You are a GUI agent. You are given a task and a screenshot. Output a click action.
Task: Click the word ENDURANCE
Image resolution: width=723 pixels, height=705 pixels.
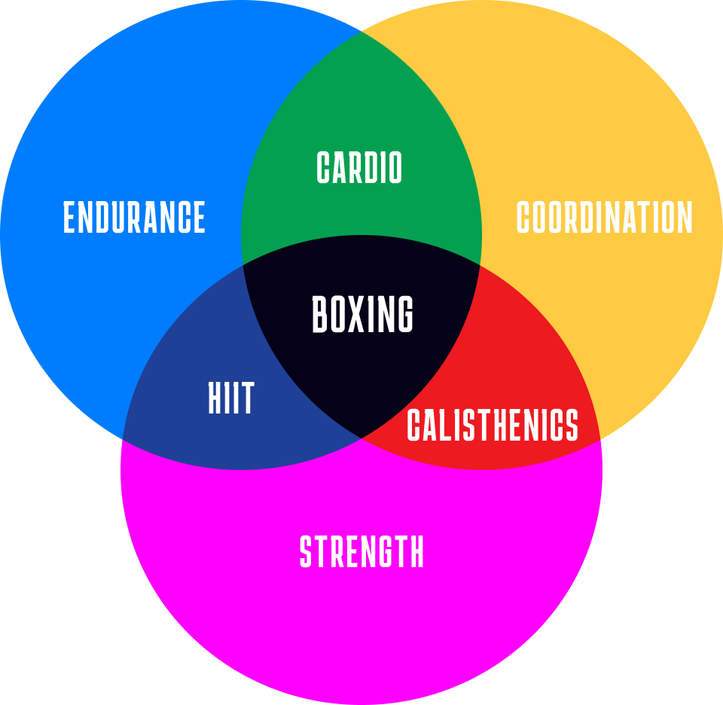134,218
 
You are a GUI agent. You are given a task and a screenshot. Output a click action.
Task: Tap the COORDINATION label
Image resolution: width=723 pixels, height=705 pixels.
604,218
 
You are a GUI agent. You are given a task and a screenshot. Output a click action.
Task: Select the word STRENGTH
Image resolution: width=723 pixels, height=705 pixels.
361,552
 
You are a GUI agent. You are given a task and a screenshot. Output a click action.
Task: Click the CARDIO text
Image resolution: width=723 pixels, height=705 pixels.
359,168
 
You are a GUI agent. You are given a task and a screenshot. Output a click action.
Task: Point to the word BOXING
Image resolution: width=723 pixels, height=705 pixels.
362,315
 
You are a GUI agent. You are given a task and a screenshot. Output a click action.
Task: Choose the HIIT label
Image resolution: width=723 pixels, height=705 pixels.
231,398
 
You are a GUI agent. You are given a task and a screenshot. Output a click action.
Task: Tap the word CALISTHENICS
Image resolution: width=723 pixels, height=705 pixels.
493,426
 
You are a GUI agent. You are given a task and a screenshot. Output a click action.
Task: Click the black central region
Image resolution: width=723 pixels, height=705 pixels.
361,362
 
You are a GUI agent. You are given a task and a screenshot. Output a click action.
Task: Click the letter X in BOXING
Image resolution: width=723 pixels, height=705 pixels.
362,315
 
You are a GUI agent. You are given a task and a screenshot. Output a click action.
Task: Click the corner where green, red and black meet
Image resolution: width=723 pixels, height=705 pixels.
480,264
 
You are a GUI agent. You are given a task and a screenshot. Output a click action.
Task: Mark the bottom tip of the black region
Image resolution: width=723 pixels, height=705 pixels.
361,438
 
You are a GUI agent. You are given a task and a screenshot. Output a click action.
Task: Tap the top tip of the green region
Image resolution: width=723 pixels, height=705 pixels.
361,32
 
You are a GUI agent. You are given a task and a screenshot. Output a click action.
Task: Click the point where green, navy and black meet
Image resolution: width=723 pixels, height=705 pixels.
243,264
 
